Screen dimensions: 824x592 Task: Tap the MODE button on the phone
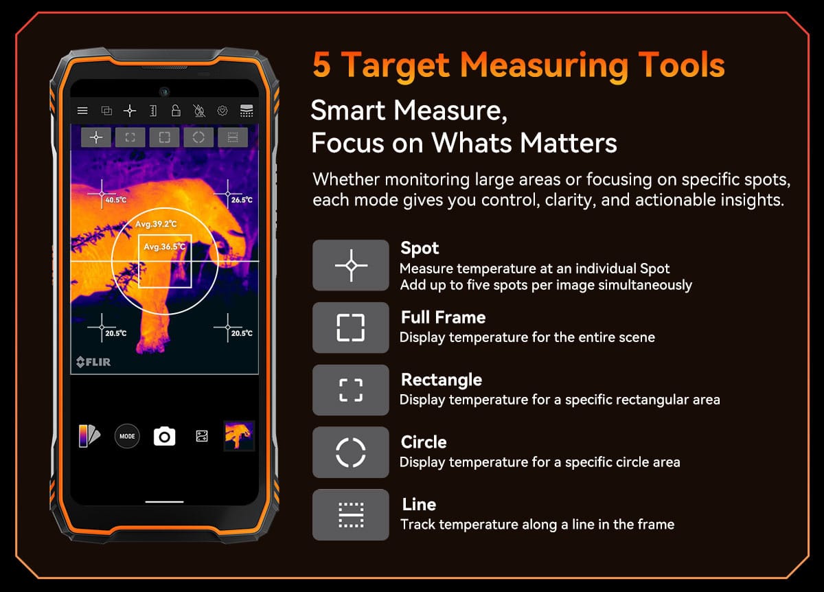[127, 436]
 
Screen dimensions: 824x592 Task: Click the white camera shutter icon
[164, 436]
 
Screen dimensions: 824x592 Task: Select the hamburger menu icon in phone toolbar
[82, 111]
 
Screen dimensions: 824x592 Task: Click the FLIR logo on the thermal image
[93, 362]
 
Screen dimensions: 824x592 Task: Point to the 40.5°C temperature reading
[116, 200]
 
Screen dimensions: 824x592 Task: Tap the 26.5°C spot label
[242, 200]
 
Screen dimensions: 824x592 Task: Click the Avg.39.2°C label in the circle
[156, 224]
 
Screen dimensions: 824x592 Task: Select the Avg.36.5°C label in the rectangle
[164, 247]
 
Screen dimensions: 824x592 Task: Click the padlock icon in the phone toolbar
[176, 111]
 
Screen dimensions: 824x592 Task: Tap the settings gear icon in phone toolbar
[222, 111]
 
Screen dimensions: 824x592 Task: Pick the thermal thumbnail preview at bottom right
[239, 436]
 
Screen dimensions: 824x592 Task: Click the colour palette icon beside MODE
[89, 436]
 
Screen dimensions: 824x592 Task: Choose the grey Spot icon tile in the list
[351, 265]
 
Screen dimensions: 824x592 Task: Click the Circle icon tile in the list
[351, 452]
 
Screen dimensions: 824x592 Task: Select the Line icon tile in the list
[351, 514]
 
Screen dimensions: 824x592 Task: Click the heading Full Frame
[444, 317]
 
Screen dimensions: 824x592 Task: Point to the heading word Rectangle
[442, 380]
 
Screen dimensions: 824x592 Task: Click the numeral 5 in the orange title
[322, 65]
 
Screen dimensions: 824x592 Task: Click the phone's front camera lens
[164, 91]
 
